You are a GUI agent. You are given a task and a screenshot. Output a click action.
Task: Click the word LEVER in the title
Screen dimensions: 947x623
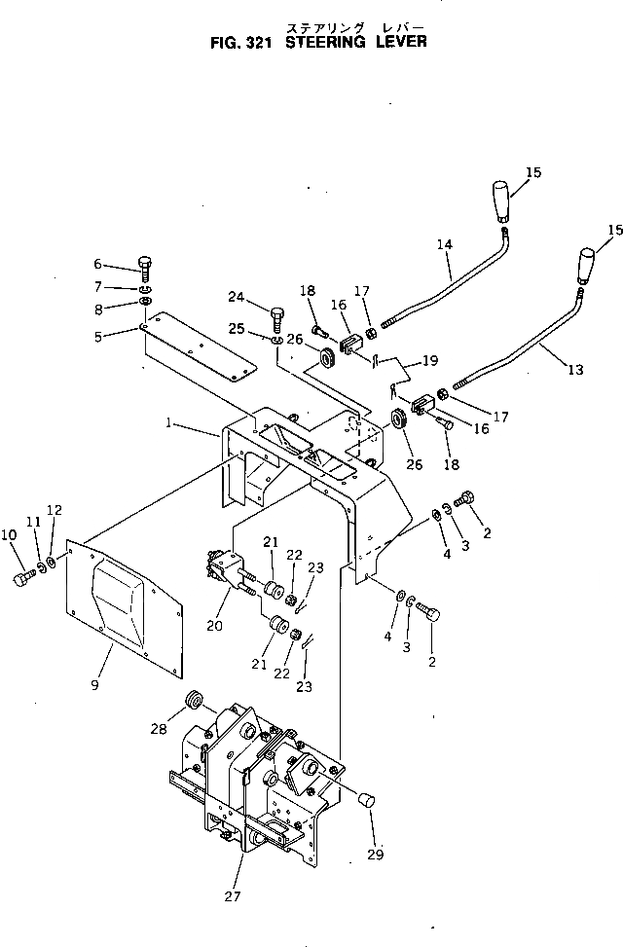click(x=397, y=42)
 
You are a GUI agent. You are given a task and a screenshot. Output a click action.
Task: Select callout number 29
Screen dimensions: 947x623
click(x=376, y=855)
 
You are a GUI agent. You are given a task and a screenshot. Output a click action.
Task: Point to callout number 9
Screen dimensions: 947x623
click(x=94, y=684)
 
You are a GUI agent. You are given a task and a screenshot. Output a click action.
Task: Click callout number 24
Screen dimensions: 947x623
click(x=236, y=297)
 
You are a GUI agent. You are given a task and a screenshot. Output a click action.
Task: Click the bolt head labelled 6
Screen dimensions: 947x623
click(x=144, y=265)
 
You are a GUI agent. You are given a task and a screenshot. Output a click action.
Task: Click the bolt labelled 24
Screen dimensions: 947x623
click(x=277, y=317)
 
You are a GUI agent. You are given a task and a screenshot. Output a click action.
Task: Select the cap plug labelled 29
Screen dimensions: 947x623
click(x=367, y=800)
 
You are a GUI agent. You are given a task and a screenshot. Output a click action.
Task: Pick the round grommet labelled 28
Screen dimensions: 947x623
click(x=193, y=700)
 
